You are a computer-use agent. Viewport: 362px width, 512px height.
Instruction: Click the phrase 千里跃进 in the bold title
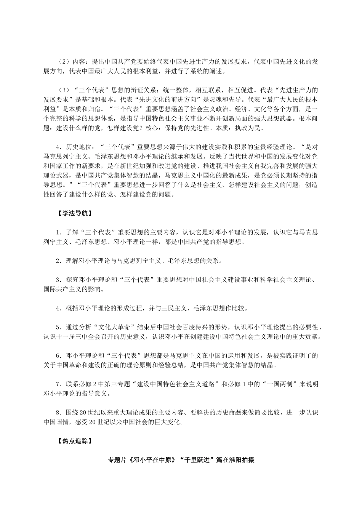(191, 460)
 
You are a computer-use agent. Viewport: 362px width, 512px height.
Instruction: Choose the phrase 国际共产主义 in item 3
(62, 290)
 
